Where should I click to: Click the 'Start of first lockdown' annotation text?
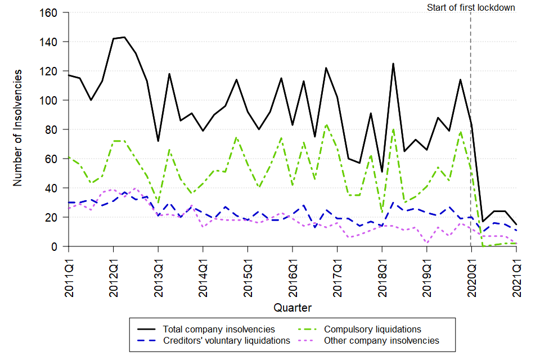471,8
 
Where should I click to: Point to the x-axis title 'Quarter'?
292,308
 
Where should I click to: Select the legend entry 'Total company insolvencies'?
219,329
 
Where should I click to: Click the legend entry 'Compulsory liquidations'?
373,329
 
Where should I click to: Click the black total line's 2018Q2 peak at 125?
393,64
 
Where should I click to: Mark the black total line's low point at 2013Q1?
158,141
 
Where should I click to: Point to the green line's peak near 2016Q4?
326,124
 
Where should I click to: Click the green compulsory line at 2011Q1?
69,157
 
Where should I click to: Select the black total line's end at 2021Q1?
516,224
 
